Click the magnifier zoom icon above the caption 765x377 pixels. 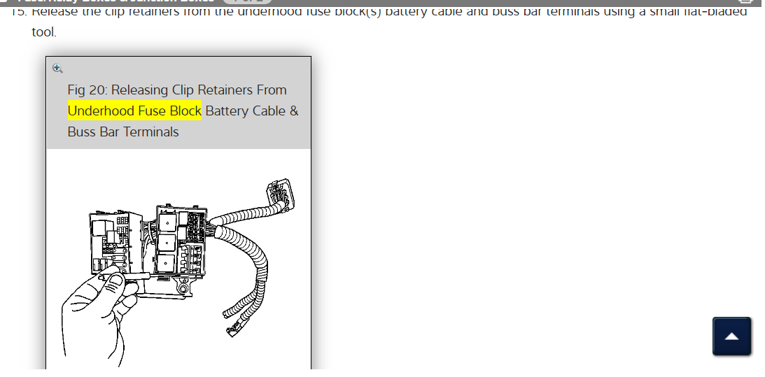pos(57,68)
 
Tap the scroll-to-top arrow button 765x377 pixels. pos(731,336)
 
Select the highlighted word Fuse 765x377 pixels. pos(148,111)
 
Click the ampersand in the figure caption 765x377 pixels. pos(293,111)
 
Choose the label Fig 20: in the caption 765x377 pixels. pos(87,90)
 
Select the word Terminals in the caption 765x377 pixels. pos(151,131)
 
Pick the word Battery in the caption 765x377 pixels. pos(227,111)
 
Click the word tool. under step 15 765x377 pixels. pos(43,32)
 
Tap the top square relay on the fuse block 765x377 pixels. pos(169,222)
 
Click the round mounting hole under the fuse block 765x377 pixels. pos(184,287)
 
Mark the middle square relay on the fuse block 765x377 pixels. pos(169,243)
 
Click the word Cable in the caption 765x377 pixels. pos(268,111)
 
